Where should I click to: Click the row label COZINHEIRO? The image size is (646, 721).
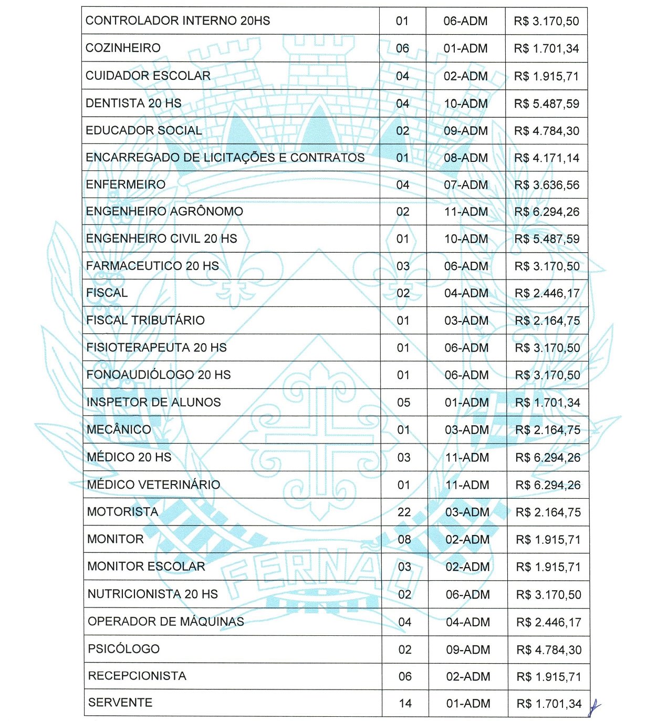pyautogui.click(x=123, y=48)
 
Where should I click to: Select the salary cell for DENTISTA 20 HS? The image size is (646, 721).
pyautogui.click(x=546, y=104)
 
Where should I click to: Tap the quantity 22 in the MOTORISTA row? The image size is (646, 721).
pyautogui.click(x=404, y=512)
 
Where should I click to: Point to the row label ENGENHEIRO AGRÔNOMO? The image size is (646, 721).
pyautogui.click(x=164, y=211)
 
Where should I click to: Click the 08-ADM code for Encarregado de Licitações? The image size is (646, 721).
pyautogui.click(x=466, y=158)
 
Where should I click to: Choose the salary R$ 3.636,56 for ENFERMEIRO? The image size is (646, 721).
pyautogui.click(x=547, y=185)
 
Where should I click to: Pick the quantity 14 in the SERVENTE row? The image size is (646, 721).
pyautogui.click(x=405, y=703)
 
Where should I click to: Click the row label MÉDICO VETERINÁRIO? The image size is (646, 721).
pyautogui.click(x=153, y=485)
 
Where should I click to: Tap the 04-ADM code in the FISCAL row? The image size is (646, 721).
pyautogui.click(x=466, y=293)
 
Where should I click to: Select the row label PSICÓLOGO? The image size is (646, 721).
pyautogui.click(x=123, y=648)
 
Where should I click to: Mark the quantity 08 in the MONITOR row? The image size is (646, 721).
pyautogui.click(x=404, y=539)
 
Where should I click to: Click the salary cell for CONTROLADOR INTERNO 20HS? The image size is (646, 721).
pyautogui.click(x=546, y=21)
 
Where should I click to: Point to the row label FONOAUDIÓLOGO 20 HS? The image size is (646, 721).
pyautogui.click(x=159, y=375)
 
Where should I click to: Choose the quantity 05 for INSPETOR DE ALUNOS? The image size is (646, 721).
pyautogui.click(x=403, y=403)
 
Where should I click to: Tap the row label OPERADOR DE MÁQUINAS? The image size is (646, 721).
pyautogui.click(x=166, y=621)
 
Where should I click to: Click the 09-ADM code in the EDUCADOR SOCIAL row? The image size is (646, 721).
pyautogui.click(x=466, y=131)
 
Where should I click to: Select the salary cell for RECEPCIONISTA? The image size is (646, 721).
pyautogui.click(x=549, y=676)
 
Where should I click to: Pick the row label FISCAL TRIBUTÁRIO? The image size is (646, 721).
pyautogui.click(x=145, y=320)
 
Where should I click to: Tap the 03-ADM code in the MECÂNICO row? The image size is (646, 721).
pyautogui.click(x=467, y=430)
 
